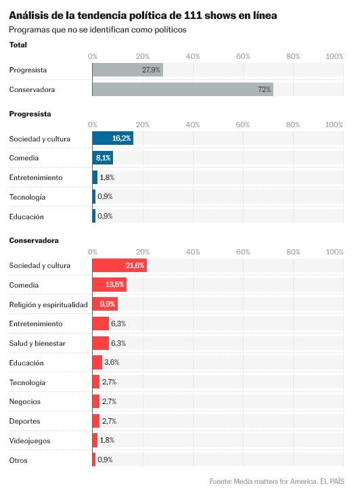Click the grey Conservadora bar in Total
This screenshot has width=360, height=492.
click(183, 89)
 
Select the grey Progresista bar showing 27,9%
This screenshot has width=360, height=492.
click(127, 70)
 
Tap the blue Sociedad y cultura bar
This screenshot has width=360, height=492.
click(113, 138)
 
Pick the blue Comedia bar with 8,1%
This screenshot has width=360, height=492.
click(103, 158)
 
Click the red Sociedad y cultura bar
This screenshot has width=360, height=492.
click(120, 265)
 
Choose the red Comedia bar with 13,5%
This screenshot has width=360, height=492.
click(110, 285)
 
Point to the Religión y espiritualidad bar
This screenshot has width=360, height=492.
click(105, 304)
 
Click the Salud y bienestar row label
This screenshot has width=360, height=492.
click(37, 343)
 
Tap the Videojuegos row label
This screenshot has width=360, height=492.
click(30, 441)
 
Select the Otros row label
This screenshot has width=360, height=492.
click(18, 460)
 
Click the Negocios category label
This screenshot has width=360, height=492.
click(25, 402)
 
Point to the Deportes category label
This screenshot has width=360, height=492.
click(25, 422)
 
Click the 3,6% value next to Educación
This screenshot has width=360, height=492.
click(112, 362)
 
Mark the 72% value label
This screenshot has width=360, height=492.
click(265, 89)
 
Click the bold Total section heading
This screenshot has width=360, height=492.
click(18, 45)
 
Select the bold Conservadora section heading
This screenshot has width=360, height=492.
click(34, 241)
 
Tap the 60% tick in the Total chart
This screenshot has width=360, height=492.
click(243, 56)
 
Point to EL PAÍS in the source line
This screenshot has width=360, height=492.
click(332, 481)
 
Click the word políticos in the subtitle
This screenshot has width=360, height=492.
click(171, 30)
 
